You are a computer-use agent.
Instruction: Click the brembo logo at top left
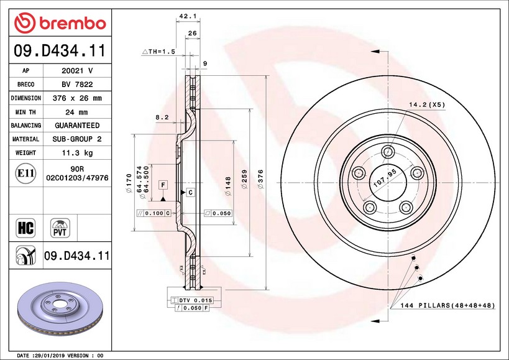[x=60, y=23]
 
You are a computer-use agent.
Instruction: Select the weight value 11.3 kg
[x=77, y=152]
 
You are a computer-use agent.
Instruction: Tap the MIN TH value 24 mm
[x=77, y=112]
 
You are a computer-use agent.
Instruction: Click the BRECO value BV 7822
[x=77, y=85]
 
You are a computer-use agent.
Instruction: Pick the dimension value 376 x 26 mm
[x=77, y=98]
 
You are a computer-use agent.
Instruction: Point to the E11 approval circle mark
[x=25, y=173]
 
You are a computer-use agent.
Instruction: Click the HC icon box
[x=25, y=228]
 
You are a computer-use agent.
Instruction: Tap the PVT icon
[x=60, y=228]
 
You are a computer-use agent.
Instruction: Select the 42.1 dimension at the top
[x=188, y=16]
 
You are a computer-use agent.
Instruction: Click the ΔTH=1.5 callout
[x=158, y=51]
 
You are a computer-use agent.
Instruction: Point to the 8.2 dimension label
[x=162, y=117]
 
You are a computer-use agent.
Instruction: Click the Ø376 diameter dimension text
[x=260, y=179]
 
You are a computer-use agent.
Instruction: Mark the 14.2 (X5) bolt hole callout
[x=427, y=104]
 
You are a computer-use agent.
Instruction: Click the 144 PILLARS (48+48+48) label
[x=447, y=305]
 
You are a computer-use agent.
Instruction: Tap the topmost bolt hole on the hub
[x=388, y=151]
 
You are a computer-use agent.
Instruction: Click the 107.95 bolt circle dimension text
[x=385, y=178]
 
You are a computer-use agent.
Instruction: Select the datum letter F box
[x=163, y=185]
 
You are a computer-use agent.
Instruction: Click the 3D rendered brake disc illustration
[x=60, y=308]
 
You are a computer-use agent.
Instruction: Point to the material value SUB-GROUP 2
[x=77, y=139]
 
